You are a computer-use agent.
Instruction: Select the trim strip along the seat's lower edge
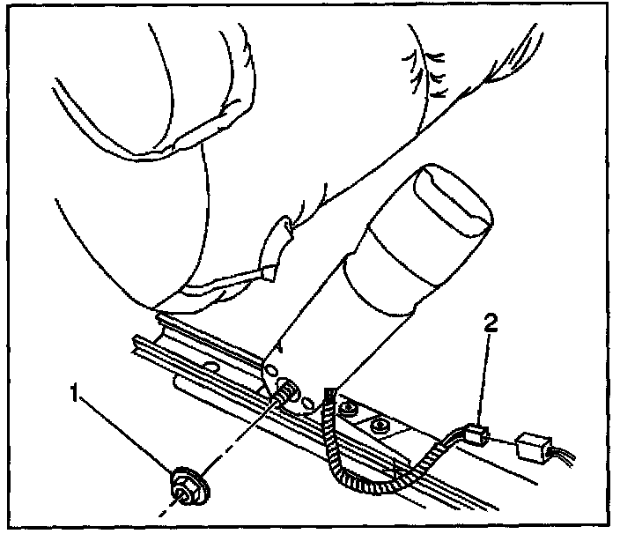pos(229,286)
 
